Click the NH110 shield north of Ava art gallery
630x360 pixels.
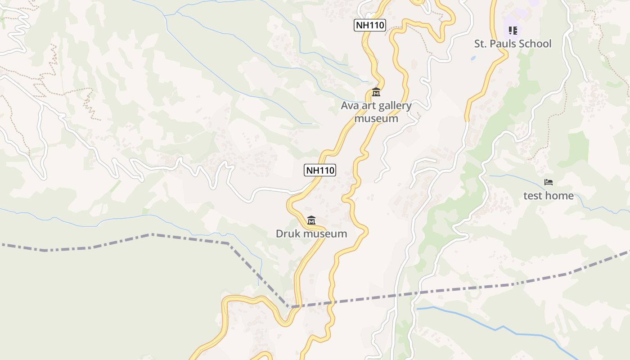pyautogui.click(x=370, y=25)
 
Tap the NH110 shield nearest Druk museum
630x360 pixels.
pyautogui.click(x=320, y=170)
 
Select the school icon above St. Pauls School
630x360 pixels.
pyautogui.click(x=513, y=31)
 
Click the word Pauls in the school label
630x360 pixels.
pyautogui.click(x=510, y=44)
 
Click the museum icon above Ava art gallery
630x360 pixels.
pyautogui.click(x=376, y=92)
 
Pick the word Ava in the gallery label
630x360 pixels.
pyautogui.click(x=349, y=106)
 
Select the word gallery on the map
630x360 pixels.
pyautogui.click(x=394, y=106)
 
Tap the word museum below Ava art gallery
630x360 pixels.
pyautogui.click(x=376, y=118)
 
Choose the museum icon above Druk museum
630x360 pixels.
pyautogui.click(x=311, y=220)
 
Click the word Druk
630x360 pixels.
pyautogui.click(x=288, y=234)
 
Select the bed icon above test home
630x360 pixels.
pyautogui.click(x=548, y=182)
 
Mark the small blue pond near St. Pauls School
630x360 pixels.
pyautogui.click(x=473, y=58)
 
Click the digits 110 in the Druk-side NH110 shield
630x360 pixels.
pyautogui.click(x=326, y=170)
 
